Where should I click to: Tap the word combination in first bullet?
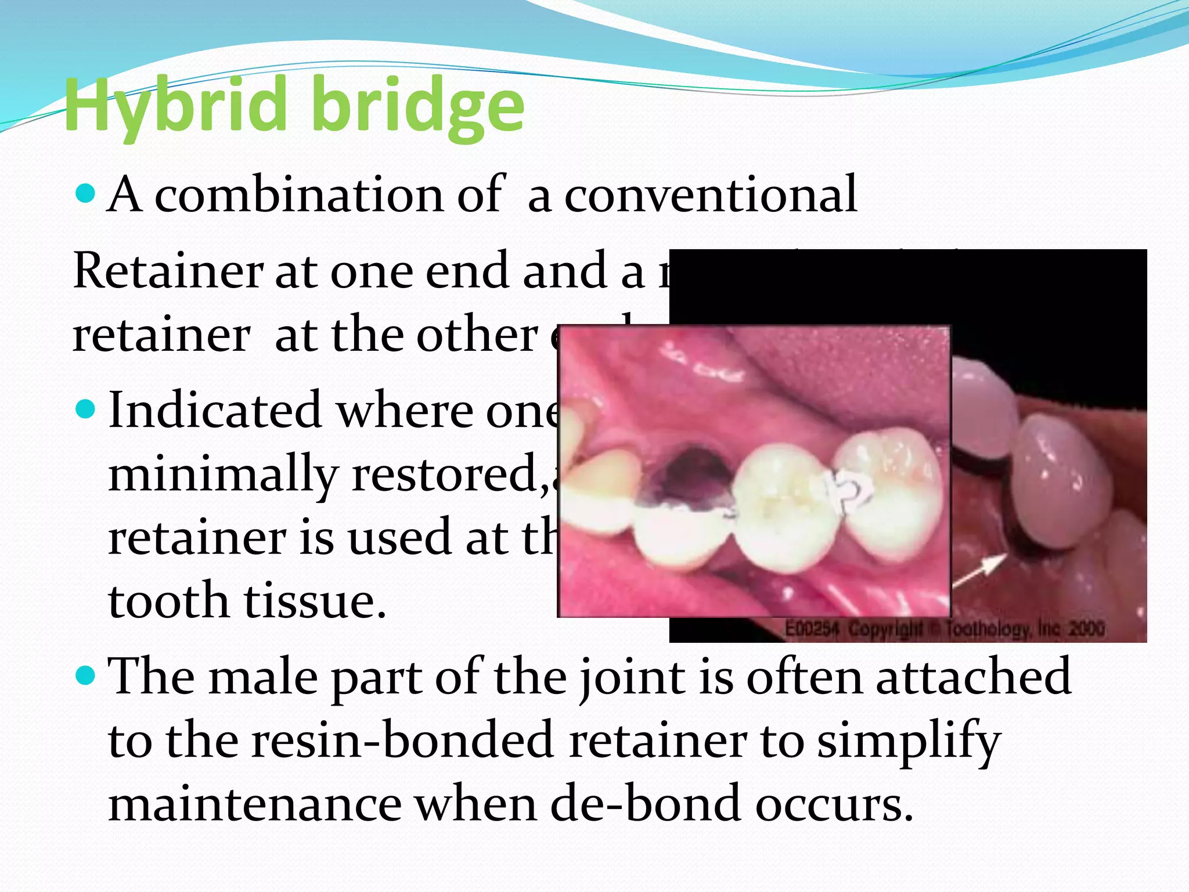[298, 195]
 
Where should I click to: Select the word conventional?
[711, 195]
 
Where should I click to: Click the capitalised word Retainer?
[168, 271]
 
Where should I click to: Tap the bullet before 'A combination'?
[85, 193]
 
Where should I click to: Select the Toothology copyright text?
[944, 629]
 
